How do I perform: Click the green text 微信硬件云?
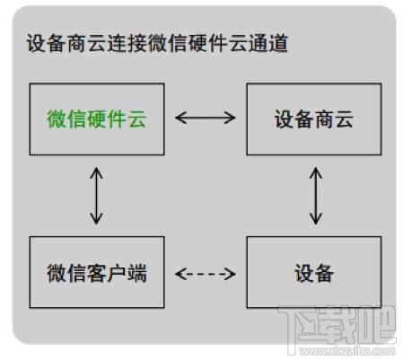tap(97, 119)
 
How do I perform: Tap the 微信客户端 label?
tap(97, 273)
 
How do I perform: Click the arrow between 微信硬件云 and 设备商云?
tap(206, 117)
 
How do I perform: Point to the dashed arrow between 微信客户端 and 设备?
tap(206, 273)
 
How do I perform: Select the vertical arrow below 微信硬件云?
tap(97, 195)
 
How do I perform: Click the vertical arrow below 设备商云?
tap(315, 195)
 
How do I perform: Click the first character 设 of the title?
tap(38, 45)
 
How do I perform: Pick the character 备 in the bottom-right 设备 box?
tap(324, 273)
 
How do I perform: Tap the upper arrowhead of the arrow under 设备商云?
tap(315, 170)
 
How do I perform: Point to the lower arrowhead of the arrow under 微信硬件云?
tap(97, 220)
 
